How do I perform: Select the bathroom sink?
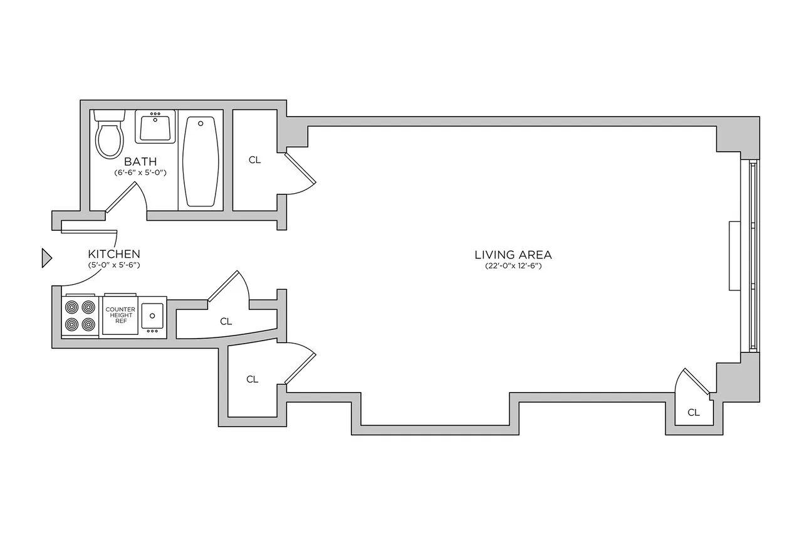(x=155, y=128)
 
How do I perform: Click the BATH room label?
(x=140, y=162)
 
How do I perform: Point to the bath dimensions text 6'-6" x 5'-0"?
(x=140, y=172)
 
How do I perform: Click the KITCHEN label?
(x=113, y=254)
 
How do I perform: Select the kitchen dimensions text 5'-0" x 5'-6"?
(x=113, y=265)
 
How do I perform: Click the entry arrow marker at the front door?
(x=46, y=258)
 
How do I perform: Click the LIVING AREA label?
(x=513, y=255)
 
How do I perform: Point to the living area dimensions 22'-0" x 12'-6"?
(x=513, y=266)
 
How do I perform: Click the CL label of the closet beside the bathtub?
(x=254, y=160)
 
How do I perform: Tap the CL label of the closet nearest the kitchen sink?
(x=226, y=321)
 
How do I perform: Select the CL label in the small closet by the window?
(x=693, y=412)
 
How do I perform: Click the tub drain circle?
(x=200, y=124)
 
